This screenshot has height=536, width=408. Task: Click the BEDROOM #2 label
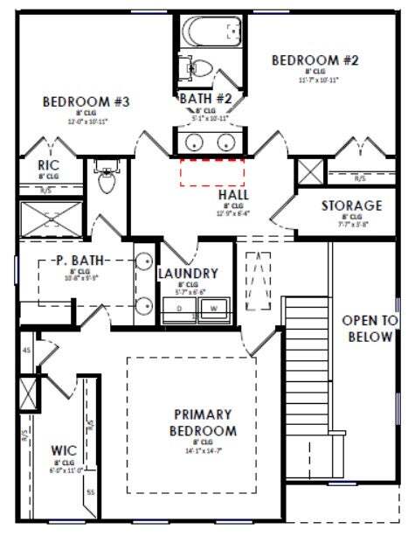coord(303,60)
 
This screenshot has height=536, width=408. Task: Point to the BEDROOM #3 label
coord(86,102)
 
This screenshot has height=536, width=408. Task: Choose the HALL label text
coord(234,194)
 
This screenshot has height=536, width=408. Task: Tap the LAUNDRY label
coord(187,274)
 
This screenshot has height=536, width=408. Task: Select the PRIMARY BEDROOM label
coord(202,422)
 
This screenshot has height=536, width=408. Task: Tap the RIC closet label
coord(48,165)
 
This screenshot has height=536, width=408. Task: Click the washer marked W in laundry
coord(213,309)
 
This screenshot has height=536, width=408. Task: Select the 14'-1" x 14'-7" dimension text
coord(202,452)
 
